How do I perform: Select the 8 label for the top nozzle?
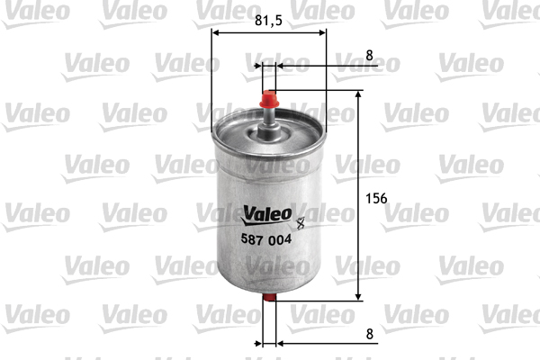[369, 55]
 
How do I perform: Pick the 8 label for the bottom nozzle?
[369, 332]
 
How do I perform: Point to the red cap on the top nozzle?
[268, 95]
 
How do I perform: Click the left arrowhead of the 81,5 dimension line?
[216, 34]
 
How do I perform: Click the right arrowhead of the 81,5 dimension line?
[321, 34]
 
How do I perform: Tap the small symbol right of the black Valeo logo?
[301, 215]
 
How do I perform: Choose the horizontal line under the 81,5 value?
[269, 34]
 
